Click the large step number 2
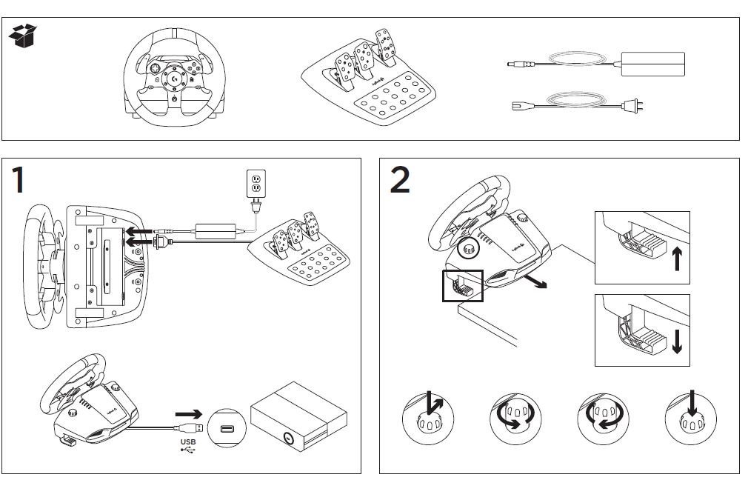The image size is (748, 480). pyautogui.click(x=400, y=180)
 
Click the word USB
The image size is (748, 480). pyautogui.click(x=188, y=443)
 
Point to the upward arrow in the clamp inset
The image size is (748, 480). pyautogui.click(x=676, y=260)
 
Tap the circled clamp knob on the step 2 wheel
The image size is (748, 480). pyautogui.click(x=468, y=250)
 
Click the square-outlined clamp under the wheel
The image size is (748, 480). pyautogui.click(x=462, y=285)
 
